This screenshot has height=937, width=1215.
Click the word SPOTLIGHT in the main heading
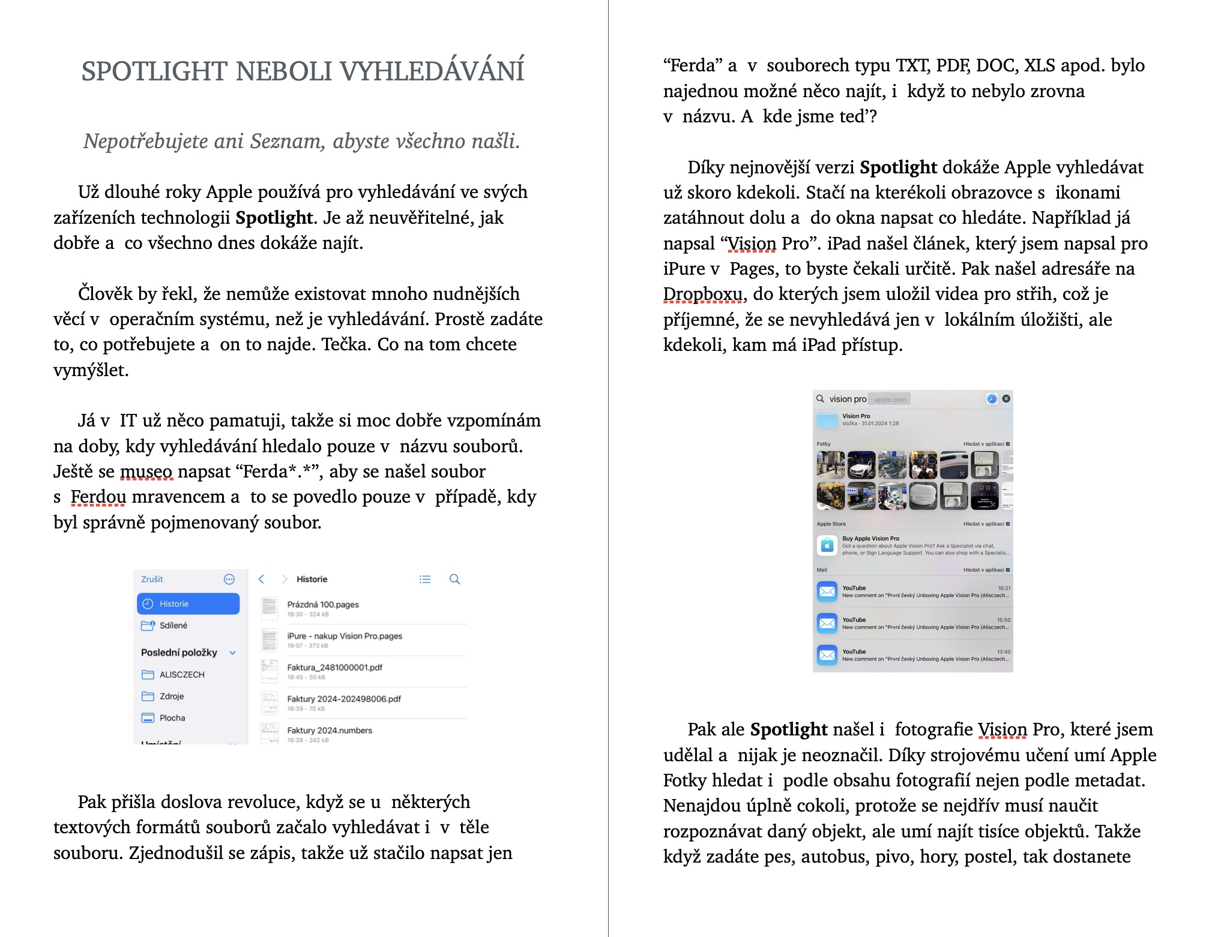coord(154,71)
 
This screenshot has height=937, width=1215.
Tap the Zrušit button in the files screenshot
coord(152,579)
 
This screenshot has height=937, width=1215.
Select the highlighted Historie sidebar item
coord(188,604)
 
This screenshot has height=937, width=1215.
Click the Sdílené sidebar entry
coord(173,626)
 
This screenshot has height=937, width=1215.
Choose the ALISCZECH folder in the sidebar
coord(181,675)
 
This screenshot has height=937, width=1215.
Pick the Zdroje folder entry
coord(171,696)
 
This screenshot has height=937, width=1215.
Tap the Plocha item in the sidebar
coord(172,718)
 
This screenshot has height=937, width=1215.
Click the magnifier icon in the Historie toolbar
coord(455,579)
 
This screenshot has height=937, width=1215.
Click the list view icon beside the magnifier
coord(425,579)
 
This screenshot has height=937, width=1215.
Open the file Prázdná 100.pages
coord(322,605)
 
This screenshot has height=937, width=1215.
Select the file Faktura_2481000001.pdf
coord(334,668)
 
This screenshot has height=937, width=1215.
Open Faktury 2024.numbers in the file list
coord(330,731)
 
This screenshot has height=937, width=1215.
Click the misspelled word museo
coord(146,472)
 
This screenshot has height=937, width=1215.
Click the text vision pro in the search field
coord(848,400)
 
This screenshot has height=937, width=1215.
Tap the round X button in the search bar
coord(1006,399)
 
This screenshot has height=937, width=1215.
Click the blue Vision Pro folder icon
coord(827,421)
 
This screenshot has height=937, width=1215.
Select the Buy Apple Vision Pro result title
coord(870,539)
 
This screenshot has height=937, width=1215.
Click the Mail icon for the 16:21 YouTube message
coord(827,591)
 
